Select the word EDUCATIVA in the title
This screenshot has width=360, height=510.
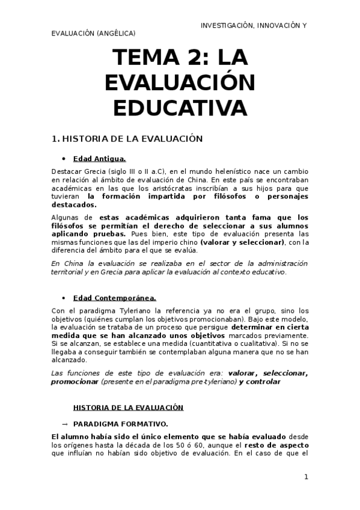pos(180,108)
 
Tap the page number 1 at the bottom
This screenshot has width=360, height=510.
pos(306,477)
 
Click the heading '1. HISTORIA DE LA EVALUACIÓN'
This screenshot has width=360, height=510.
pos(127,139)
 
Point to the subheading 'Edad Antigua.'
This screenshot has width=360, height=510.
pos(99,159)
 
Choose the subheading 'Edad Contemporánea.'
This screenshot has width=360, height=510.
pos(114,298)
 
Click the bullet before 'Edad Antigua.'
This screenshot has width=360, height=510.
pos(64,159)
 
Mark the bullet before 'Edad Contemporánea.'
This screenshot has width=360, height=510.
pos(64,298)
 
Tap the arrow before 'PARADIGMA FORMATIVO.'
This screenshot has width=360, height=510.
pos(64,423)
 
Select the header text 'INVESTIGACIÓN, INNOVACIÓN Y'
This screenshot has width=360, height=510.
pos(253,25)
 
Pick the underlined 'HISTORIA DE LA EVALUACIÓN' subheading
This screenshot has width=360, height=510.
pos(127,407)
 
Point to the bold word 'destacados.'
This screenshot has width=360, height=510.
pos(75,204)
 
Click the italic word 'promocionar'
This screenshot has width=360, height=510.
pos(75,381)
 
